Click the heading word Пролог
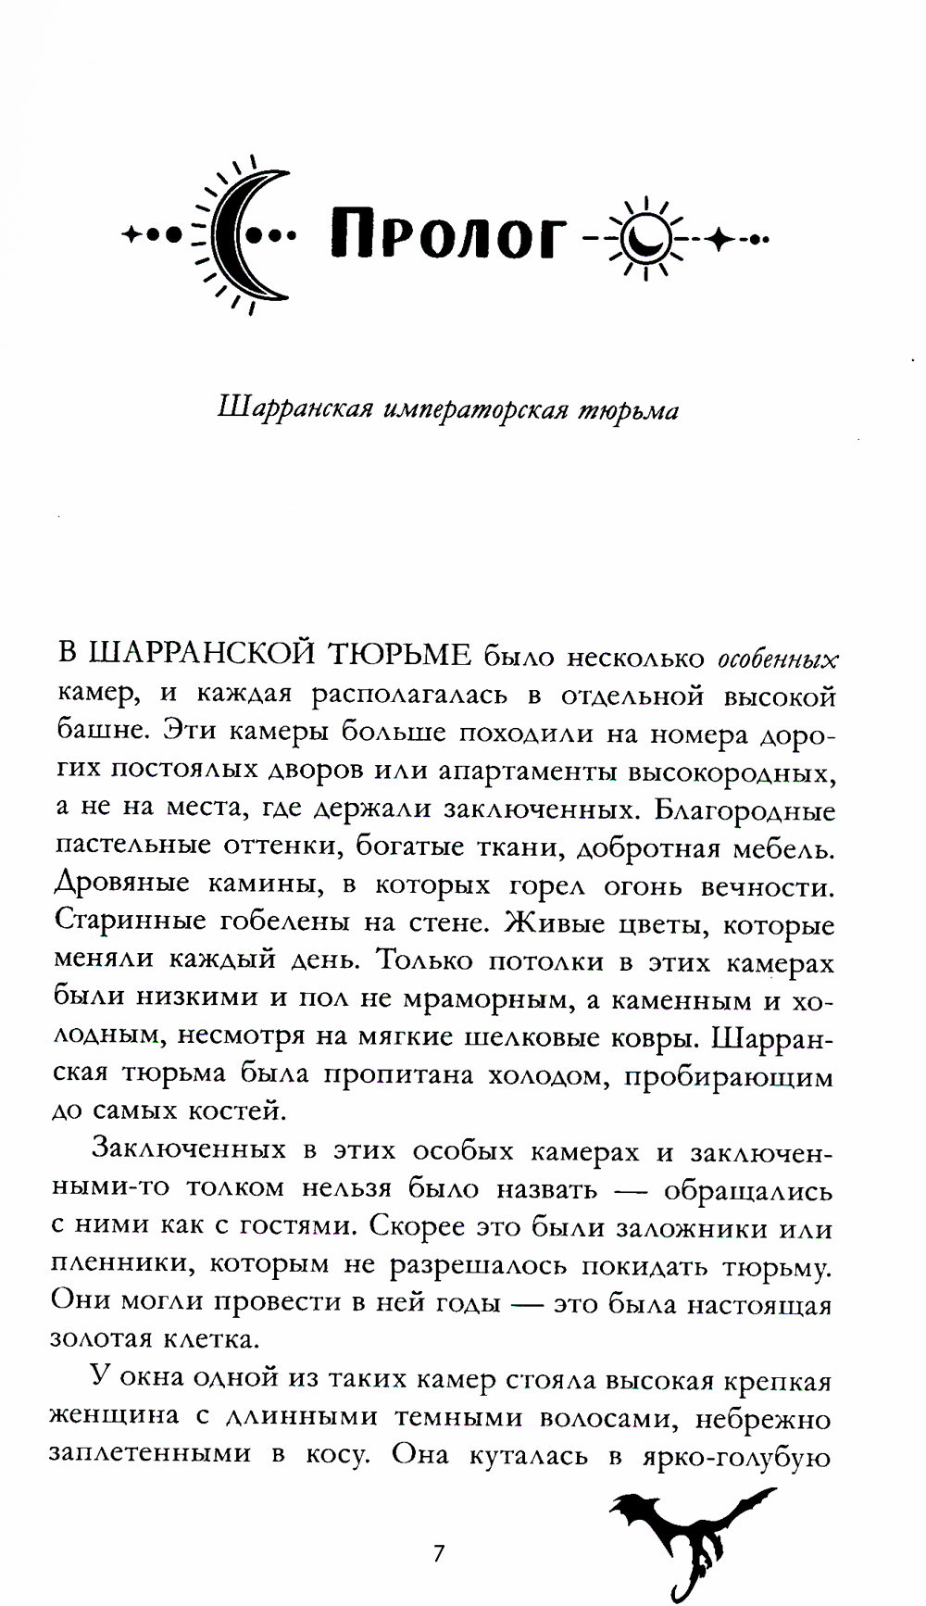[447, 236]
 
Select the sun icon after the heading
[646, 238]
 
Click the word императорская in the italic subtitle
[476, 409]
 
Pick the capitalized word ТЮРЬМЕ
[401, 655]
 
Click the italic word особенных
[778, 659]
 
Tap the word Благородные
[745, 809]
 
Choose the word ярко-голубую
[737, 1455]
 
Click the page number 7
[439, 1553]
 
